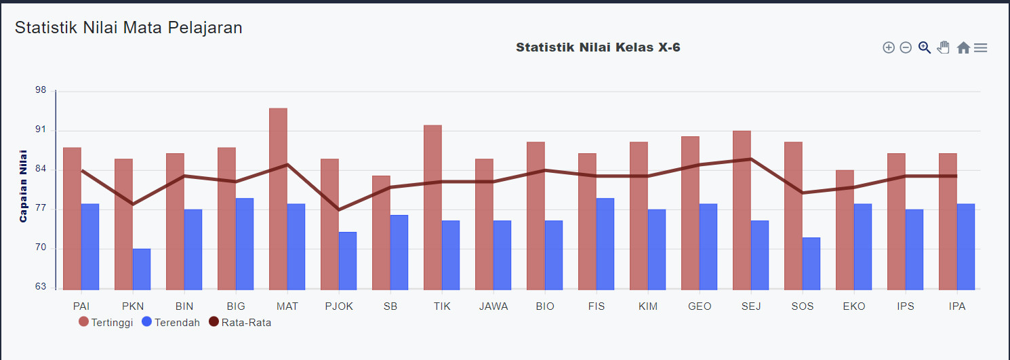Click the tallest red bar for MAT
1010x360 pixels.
tap(278, 199)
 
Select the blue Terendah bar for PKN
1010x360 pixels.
tap(142, 269)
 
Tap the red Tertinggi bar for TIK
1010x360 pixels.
tap(432, 207)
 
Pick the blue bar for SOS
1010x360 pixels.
tap(811, 264)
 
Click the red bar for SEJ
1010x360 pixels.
tap(742, 209)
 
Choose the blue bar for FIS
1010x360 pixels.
tap(605, 244)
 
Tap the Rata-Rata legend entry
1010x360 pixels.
tap(240, 323)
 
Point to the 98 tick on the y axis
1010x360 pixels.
tap(41, 91)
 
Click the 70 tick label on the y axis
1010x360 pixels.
tap(41, 248)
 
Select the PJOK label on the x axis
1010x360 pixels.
tap(339, 306)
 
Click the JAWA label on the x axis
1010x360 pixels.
tap(493, 306)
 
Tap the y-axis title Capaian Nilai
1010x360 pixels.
tap(23, 186)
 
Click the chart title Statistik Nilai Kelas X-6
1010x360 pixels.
tap(598, 47)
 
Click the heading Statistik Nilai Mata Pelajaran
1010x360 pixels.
tap(129, 28)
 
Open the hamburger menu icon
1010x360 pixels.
tap(980, 47)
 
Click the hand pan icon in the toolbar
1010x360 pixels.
tap(943, 47)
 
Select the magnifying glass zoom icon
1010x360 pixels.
tap(924, 47)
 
